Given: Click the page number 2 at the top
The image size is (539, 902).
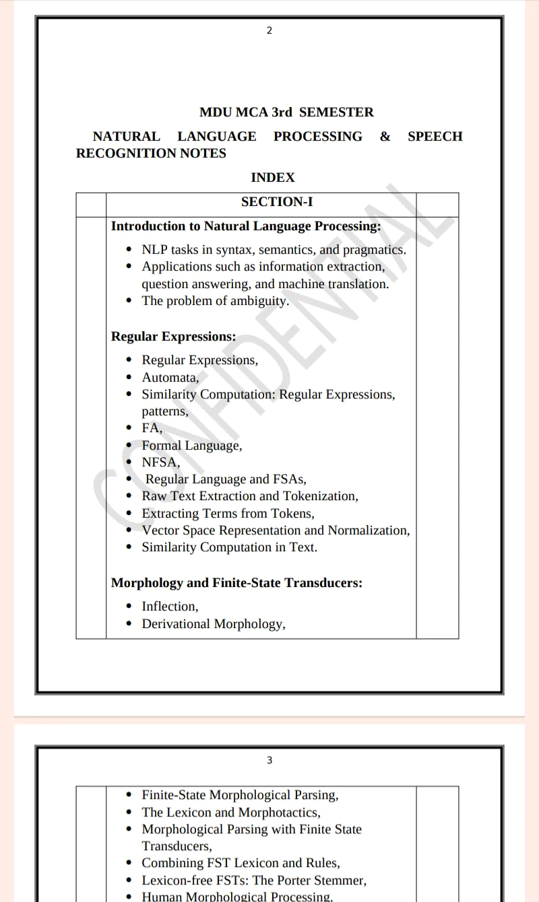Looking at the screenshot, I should [269, 30].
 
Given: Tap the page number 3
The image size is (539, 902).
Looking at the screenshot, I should [269, 760].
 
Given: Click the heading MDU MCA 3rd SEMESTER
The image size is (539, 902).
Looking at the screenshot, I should [286, 112].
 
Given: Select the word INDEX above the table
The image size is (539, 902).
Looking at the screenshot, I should [273, 177].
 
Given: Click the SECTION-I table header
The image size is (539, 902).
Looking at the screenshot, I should [277, 202].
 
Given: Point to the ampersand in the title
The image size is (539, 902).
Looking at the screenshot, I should [385, 137].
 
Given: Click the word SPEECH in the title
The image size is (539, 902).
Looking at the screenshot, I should [435, 137].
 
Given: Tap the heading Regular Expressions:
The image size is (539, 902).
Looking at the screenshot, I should [173, 337].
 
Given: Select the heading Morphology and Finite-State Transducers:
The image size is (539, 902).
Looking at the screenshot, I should [236, 583].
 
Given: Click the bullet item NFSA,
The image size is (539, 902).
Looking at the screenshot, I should [161, 462].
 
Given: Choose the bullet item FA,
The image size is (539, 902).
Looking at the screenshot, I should [152, 428].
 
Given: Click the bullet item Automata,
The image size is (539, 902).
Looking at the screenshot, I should [170, 378].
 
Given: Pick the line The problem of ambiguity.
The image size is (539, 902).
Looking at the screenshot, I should [215, 301].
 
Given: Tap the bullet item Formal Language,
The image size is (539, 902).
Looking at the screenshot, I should [192, 446].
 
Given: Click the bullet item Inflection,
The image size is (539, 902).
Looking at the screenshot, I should [170, 606].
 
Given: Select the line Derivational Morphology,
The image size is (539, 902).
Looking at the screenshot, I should [214, 624].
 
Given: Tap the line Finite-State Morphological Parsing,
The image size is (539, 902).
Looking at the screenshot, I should [240, 796].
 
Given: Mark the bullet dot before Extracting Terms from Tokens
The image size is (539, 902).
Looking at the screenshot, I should [129, 514].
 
